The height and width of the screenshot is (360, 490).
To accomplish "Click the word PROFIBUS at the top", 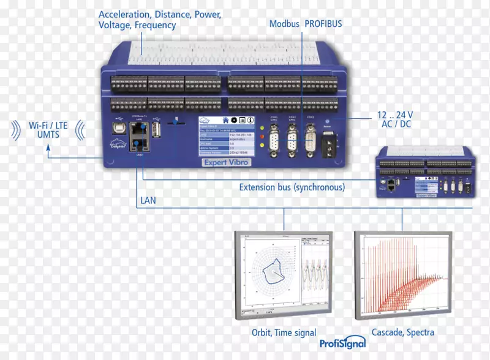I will pyautogui.click(x=323, y=24).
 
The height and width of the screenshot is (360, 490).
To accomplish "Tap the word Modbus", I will pyautogui.click(x=284, y=24).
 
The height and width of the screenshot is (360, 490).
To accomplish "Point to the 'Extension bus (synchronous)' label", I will pyautogui.click(x=292, y=187).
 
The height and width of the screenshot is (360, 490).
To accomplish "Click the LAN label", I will pyautogui.click(x=148, y=200).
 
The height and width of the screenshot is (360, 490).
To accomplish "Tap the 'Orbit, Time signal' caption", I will pyautogui.click(x=284, y=333).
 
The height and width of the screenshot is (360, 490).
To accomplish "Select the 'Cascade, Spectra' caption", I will pyautogui.click(x=402, y=332).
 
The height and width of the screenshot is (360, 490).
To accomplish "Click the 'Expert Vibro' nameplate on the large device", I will pyautogui.click(x=227, y=162).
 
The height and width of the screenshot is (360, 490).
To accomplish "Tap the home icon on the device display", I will pyautogui.click(x=226, y=120).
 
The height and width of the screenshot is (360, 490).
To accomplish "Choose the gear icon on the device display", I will pyautogui.click(x=234, y=120).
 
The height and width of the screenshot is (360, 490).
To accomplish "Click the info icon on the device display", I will pyautogui.click(x=250, y=120).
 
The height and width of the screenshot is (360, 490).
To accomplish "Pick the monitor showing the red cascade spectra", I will pyautogui.click(x=402, y=276).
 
